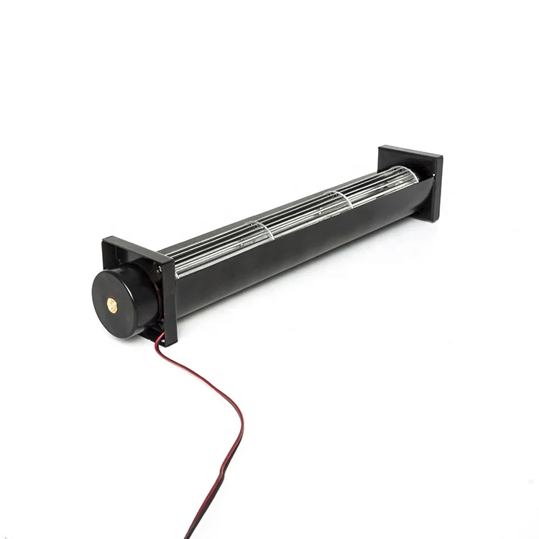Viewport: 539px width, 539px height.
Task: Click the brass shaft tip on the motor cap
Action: pyautogui.click(x=111, y=304)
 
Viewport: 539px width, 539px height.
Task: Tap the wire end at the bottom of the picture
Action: pyautogui.click(x=188, y=535)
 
